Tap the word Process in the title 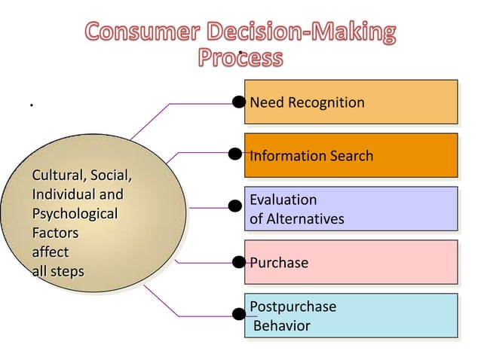240,58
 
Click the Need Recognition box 351,102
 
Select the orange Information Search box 351,155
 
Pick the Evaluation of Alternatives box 351,209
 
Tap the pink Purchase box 351,262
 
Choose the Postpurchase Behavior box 351,316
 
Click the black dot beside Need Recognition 238,102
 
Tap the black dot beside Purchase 238,262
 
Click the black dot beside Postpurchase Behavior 238,315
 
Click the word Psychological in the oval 75,214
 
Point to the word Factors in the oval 55,233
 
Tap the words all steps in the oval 58,270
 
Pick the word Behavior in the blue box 281,326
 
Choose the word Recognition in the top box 325,102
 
